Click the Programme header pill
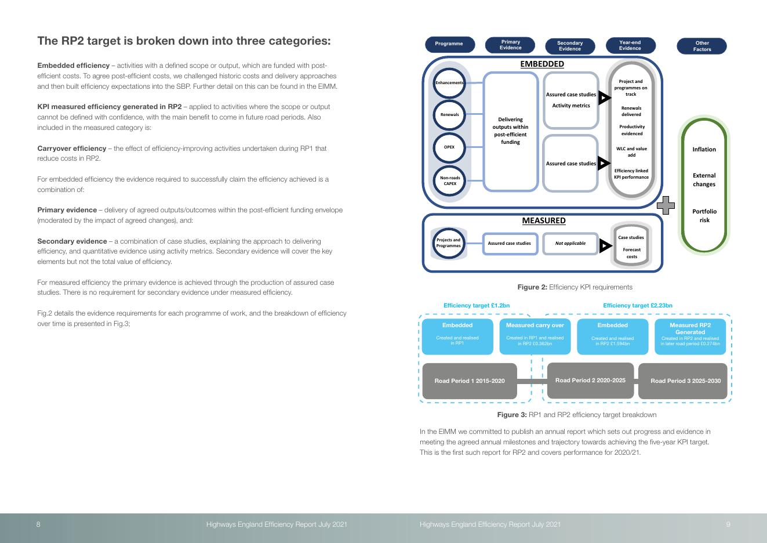coord(449,44)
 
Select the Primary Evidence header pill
coord(510,45)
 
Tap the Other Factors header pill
coord(701,46)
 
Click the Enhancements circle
coord(449,83)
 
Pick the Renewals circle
coord(449,115)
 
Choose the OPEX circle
coord(449,147)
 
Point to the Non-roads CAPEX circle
coord(449,181)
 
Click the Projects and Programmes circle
coord(448,243)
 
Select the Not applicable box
coord(570,244)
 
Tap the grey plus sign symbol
coord(666,205)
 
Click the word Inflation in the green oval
coord(704,150)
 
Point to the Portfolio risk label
coord(704,216)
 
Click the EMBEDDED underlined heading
coord(542,64)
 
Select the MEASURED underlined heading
coord(543,221)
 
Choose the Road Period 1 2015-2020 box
coord(470,381)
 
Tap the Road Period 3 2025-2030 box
coord(685,381)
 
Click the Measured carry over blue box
coord(535,335)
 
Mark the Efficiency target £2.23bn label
coord(637,306)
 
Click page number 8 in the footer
coord(38,524)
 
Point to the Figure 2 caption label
coord(575,287)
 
